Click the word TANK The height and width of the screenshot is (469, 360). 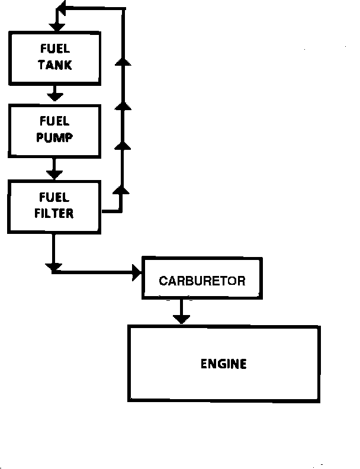point(55,65)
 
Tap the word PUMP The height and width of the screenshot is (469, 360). point(54,138)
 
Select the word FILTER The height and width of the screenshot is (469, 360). point(54,213)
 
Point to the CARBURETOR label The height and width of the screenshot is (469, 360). point(202,281)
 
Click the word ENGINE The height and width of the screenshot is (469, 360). point(223,364)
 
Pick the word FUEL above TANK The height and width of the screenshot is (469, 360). point(55,49)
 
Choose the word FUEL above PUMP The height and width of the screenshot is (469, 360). point(54,121)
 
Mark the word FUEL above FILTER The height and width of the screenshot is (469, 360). point(54,197)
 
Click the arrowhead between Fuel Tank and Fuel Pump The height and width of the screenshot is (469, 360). point(54,94)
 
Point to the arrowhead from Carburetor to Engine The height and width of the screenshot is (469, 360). point(181,318)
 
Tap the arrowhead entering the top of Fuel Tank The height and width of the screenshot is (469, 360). point(57,26)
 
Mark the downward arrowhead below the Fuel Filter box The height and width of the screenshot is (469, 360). point(53,268)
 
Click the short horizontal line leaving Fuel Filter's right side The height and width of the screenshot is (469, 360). point(111,210)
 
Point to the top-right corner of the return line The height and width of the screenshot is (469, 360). point(124,9)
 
